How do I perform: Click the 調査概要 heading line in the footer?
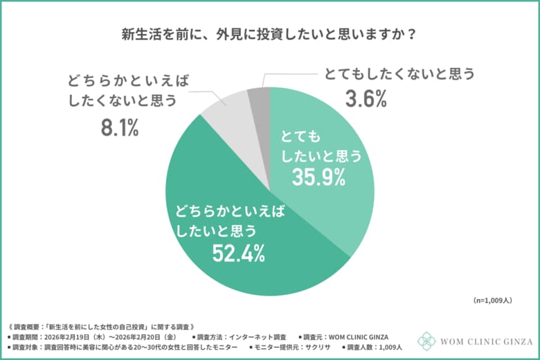click(104, 325)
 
